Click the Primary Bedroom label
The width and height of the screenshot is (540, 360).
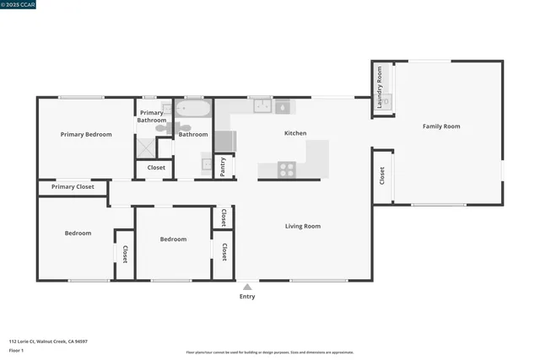(x=86, y=134)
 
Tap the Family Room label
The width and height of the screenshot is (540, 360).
(x=441, y=126)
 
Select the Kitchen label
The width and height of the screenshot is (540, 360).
(x=295, y=133)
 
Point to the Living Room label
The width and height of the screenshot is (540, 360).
(x=303, y=226)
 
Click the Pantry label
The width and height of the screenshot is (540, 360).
(x=223, y=166)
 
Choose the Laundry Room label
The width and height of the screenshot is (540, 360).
(x=381, y=89)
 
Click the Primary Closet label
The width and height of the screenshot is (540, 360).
(x=73, y=187)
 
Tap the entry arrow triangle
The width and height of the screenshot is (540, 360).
(x=247, y=287)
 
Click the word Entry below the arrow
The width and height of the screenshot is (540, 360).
(x=247, y=297)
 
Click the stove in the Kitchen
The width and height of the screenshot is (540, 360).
(x=288, y=169)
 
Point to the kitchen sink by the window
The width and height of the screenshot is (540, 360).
(x=262, y=106)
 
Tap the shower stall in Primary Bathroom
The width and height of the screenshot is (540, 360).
(x=146, y=148)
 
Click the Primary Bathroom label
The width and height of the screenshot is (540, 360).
(x=153, y=116)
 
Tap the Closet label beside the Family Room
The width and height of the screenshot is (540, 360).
(x=382, y=175)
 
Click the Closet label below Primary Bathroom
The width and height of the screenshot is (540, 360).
(x=156, y=168)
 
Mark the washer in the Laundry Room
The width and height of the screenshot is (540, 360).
(x=387, y=101)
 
